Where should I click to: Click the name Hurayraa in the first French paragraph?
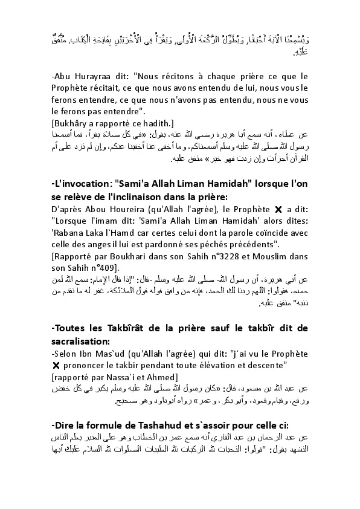(x=83, y=77)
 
